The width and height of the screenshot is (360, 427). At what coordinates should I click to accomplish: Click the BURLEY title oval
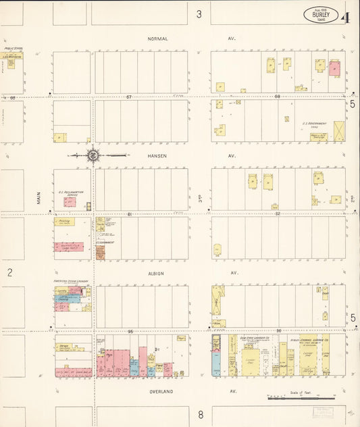tap(321, 14)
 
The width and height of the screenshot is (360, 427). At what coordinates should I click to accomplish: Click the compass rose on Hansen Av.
tap(93, 155)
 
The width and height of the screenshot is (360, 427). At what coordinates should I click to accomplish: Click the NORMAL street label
tap(157, 39)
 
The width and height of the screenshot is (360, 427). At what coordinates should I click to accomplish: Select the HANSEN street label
tap(157, 155)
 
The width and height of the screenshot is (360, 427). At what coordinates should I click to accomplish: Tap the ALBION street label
tap(156, 273)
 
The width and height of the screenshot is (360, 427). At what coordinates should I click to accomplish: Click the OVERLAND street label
tap(161, 391)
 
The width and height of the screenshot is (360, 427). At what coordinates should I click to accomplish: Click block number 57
tap(129, 97)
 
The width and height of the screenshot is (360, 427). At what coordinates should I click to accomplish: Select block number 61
tap(129, 214)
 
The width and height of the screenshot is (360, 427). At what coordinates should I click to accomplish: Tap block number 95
tap(131, 331)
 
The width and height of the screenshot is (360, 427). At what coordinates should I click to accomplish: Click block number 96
tap(278, 331)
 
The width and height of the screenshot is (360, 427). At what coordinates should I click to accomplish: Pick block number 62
tap(277, 214)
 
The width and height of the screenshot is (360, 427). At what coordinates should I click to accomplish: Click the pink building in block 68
tap(334, 68)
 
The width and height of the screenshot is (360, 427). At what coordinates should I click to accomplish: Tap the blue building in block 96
tap(216, 363)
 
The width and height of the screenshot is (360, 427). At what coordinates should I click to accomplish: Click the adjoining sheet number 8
tap(201, 414)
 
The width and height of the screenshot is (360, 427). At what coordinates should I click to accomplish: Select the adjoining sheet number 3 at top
tap(199, 14)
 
